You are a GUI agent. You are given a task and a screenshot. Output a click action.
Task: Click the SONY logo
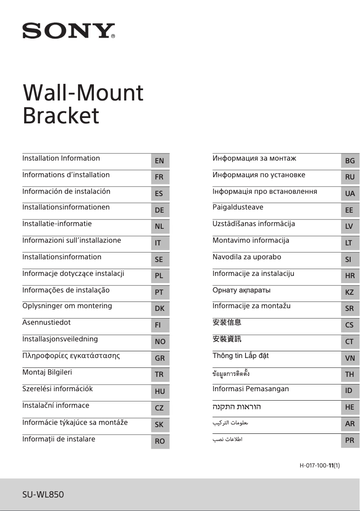pyautogui.click(x=69, y=31)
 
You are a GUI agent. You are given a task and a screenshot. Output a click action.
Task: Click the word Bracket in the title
pyautogui.click(x=61, y=115)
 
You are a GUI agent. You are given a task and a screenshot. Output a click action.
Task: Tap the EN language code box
pyautogui.click(x=159, y=161)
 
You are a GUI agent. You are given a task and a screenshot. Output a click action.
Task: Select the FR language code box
pyautogui.click(x=159, y=177)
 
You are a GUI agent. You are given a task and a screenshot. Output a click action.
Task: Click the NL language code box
pyautogui.click(x=159, y=227)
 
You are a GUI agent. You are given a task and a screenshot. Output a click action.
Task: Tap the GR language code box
pyautogui.click(x=159, y=358)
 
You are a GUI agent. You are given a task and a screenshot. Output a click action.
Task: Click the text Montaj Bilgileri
pyautogui.click(x=47, y=372)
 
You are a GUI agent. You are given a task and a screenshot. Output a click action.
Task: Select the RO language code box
pyautogui.click(x=159, y=441)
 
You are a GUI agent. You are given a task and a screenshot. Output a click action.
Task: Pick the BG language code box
pyautogui.click(x=350, y=161)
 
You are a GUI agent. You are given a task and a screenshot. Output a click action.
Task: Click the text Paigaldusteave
pyautogui.click(x=238, y=207)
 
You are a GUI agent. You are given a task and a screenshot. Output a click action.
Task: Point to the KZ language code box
pyautogui.click(x=350, y=292)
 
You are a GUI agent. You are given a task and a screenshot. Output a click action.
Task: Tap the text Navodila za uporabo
pyautogui.click(x=247, y=257)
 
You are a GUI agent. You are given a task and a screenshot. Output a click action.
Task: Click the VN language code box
pyautogui.click(x=350, y=358)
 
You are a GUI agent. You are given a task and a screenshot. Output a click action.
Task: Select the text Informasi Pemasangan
pyautogui.click(x=250, y=389)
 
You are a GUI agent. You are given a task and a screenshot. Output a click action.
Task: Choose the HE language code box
pyautogui.click(x=350, y=407)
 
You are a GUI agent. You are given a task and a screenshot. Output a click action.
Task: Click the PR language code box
pyautogui.click(x=350, y=441)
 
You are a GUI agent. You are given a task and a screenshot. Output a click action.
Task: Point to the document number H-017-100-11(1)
pyautogui.click(x=320, y=466)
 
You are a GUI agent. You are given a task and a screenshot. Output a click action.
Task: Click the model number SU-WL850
pyautogui.click(x=43, y=495)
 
